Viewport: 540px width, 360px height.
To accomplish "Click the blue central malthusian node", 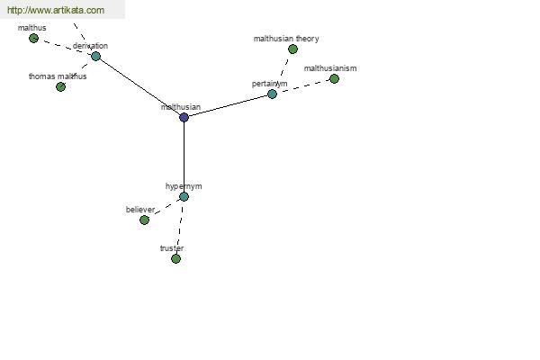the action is [184, 118].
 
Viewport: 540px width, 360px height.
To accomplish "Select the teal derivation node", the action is [95, 56].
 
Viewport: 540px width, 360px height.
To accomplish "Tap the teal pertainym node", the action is [272, 94].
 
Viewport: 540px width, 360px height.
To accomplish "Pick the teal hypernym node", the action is [184, 197].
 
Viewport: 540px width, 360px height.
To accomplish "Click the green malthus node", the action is [33, 38].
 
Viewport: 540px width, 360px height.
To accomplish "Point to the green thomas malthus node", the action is [60, 86].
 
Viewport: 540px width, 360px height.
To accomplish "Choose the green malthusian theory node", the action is [292, 49].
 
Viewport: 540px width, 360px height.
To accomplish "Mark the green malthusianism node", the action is [334, 79].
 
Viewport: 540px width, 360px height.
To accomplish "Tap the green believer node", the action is [144, 220].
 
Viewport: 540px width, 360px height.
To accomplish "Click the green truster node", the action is [175, 258].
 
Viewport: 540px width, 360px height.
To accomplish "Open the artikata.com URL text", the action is [56, 10].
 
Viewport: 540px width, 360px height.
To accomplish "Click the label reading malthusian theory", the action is [286, 39].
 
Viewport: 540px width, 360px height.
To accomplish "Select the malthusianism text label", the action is [330, 68].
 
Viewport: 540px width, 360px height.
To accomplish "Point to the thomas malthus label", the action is [58, 76].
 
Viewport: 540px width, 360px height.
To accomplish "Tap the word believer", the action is [140, 210].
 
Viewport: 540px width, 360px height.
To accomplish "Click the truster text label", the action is [172, 248].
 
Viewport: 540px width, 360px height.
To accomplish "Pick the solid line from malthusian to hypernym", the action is [184, 157].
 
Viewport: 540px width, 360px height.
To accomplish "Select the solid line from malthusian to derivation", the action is [139, 86].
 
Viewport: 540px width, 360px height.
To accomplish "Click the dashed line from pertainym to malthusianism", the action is [303, 86].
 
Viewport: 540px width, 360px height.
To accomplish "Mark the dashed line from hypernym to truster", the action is [180, 228].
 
